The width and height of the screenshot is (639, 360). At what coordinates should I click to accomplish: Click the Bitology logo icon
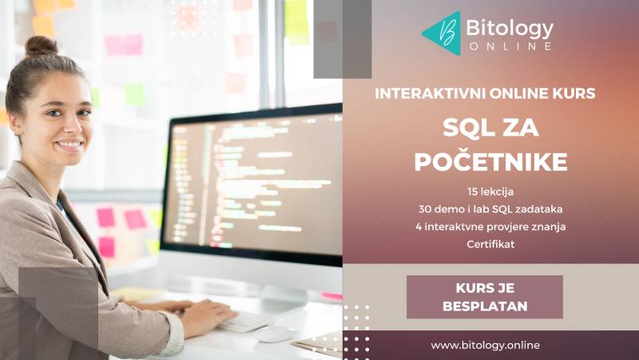(x=441, y=33)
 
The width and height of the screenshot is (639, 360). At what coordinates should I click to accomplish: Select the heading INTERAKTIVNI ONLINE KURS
(x=486, y=93)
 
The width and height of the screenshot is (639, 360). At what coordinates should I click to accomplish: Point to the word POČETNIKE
(x=491, y=161)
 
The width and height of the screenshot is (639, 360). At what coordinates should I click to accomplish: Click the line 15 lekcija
(x=490, y=192)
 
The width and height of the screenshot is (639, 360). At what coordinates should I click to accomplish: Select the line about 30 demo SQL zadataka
(x=490, y=209)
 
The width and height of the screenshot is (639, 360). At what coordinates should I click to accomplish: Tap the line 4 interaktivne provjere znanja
(x=490, y=226)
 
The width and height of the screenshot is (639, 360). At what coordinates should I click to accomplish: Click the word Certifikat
(x=490, y=243)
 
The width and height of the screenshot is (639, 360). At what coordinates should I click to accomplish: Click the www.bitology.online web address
(x=485, y=345)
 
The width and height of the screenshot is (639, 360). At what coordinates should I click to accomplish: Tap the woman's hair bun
(x=41, y=46)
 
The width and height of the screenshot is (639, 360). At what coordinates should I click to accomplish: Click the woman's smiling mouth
(x=69, y=146)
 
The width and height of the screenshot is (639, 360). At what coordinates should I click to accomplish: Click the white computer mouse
(x=276, y=334)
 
